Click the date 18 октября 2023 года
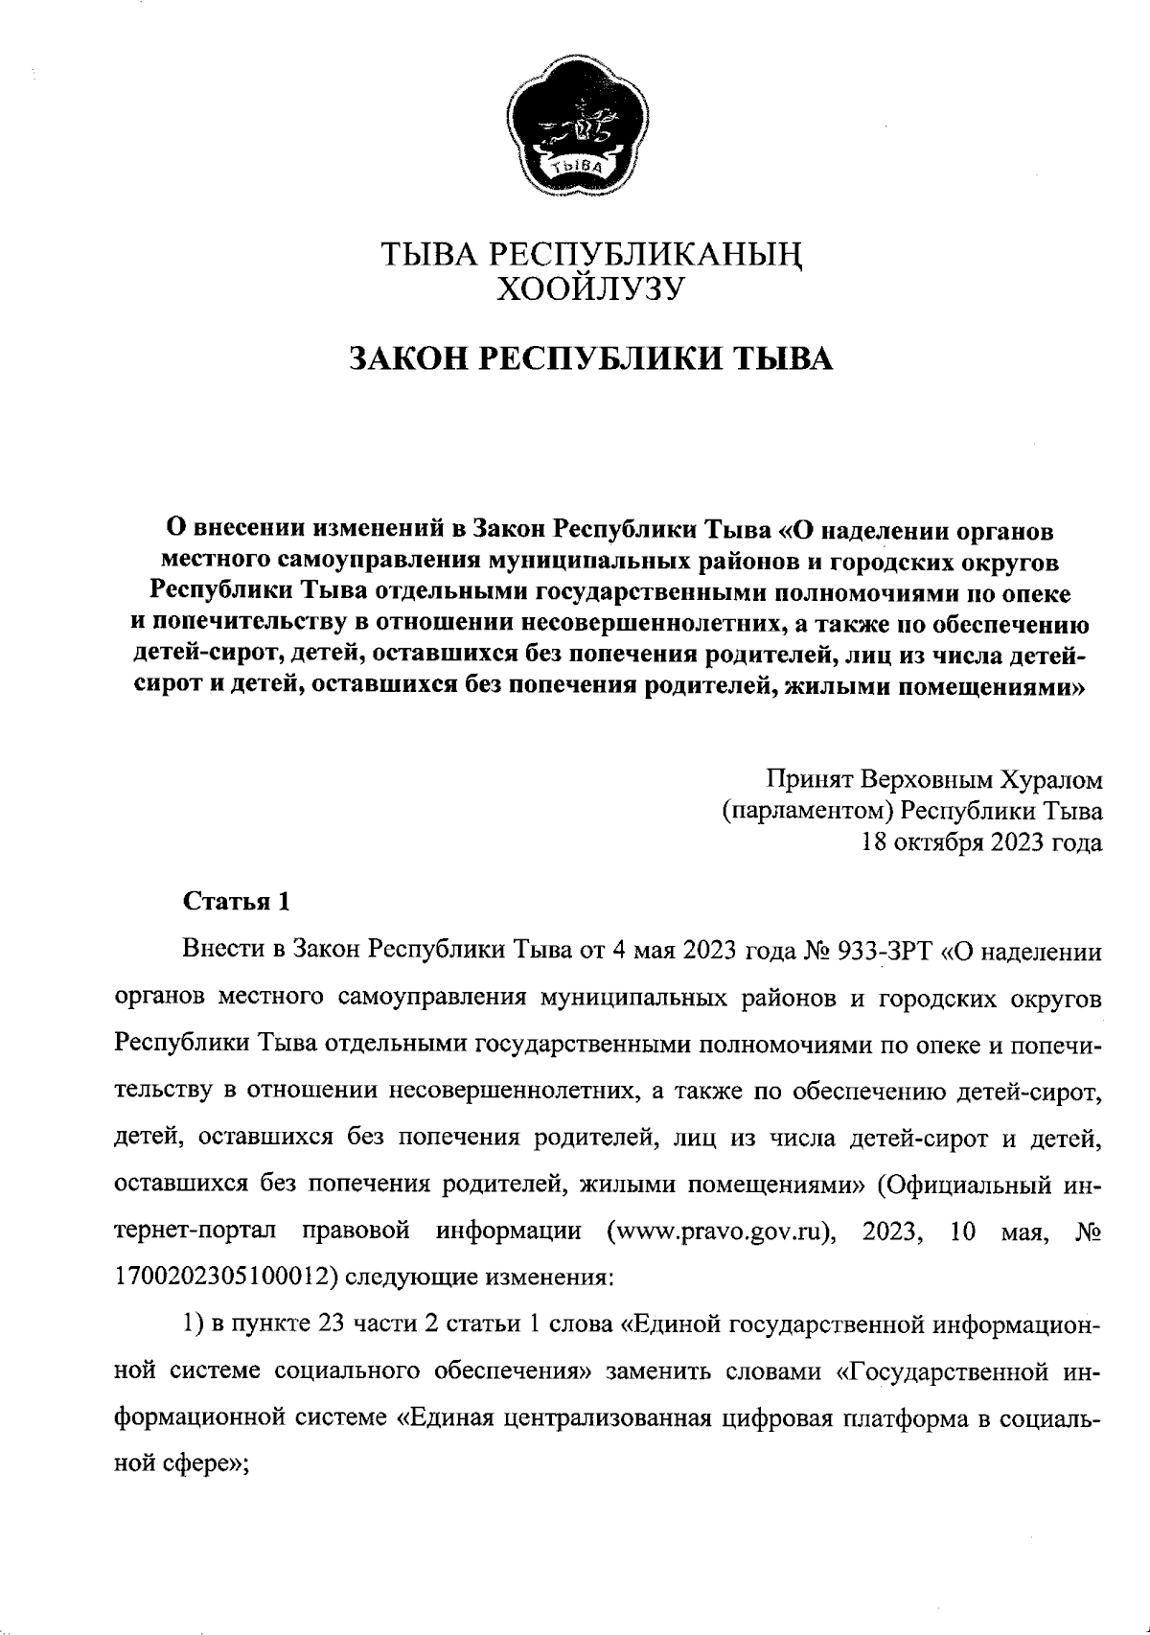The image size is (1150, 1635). pyautogui.click(x=982, y=843)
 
